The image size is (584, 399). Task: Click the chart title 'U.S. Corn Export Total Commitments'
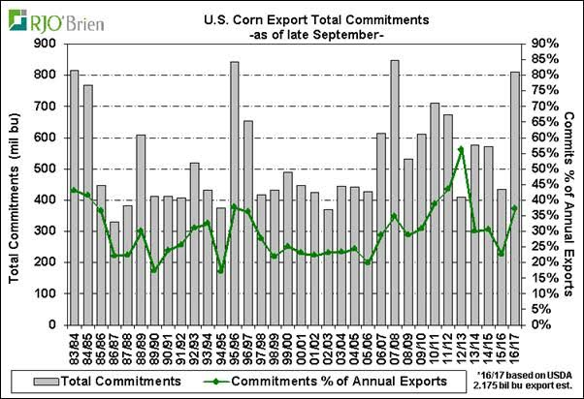coord(303,18)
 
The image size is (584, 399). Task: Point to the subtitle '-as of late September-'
coord(303,34)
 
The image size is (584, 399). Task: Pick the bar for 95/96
coord(235,193)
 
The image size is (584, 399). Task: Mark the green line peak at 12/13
coord(462,149)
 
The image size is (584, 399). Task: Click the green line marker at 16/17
coord(515,207)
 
